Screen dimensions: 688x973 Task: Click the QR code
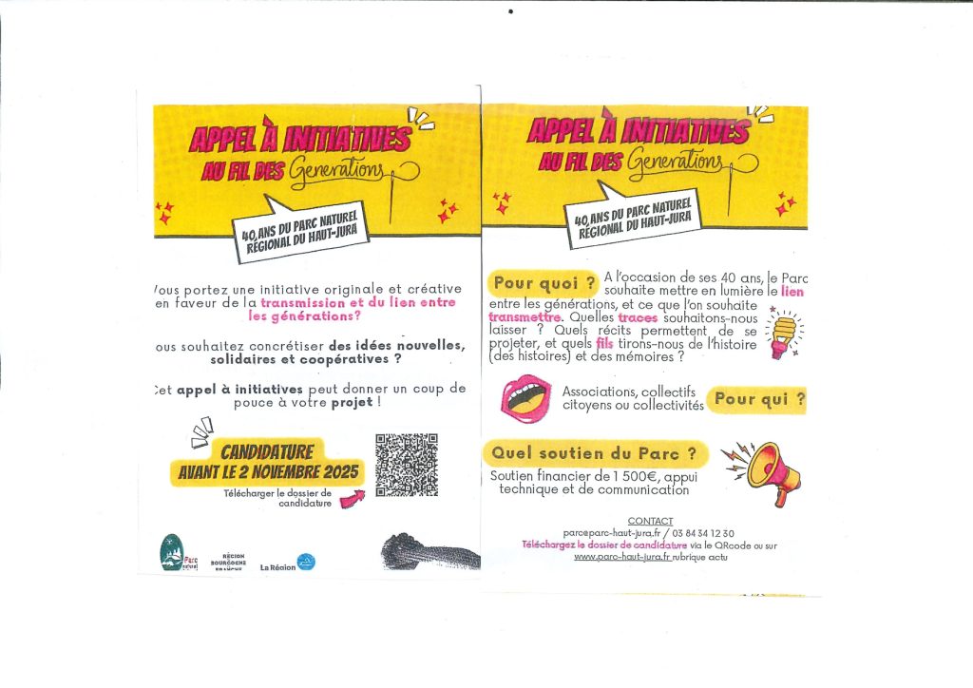click(x=407, y=465)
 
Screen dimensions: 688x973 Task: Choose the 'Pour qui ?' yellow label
click(x=758, y=400)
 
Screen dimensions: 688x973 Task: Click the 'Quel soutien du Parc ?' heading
click(x=594, y=452)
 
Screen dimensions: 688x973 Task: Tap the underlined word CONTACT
click(x=650, y=521)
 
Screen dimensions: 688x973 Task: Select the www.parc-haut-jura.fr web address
click(x=622, y=557)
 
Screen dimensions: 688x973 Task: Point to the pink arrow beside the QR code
click(x=351, y=497)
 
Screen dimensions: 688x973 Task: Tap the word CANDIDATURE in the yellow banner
click(x=267, y=451)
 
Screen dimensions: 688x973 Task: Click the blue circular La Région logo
click(x=306, y=562)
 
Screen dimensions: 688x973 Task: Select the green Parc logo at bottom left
click(x=171, y=553)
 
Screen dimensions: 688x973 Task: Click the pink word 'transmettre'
click(x=525, y=317)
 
